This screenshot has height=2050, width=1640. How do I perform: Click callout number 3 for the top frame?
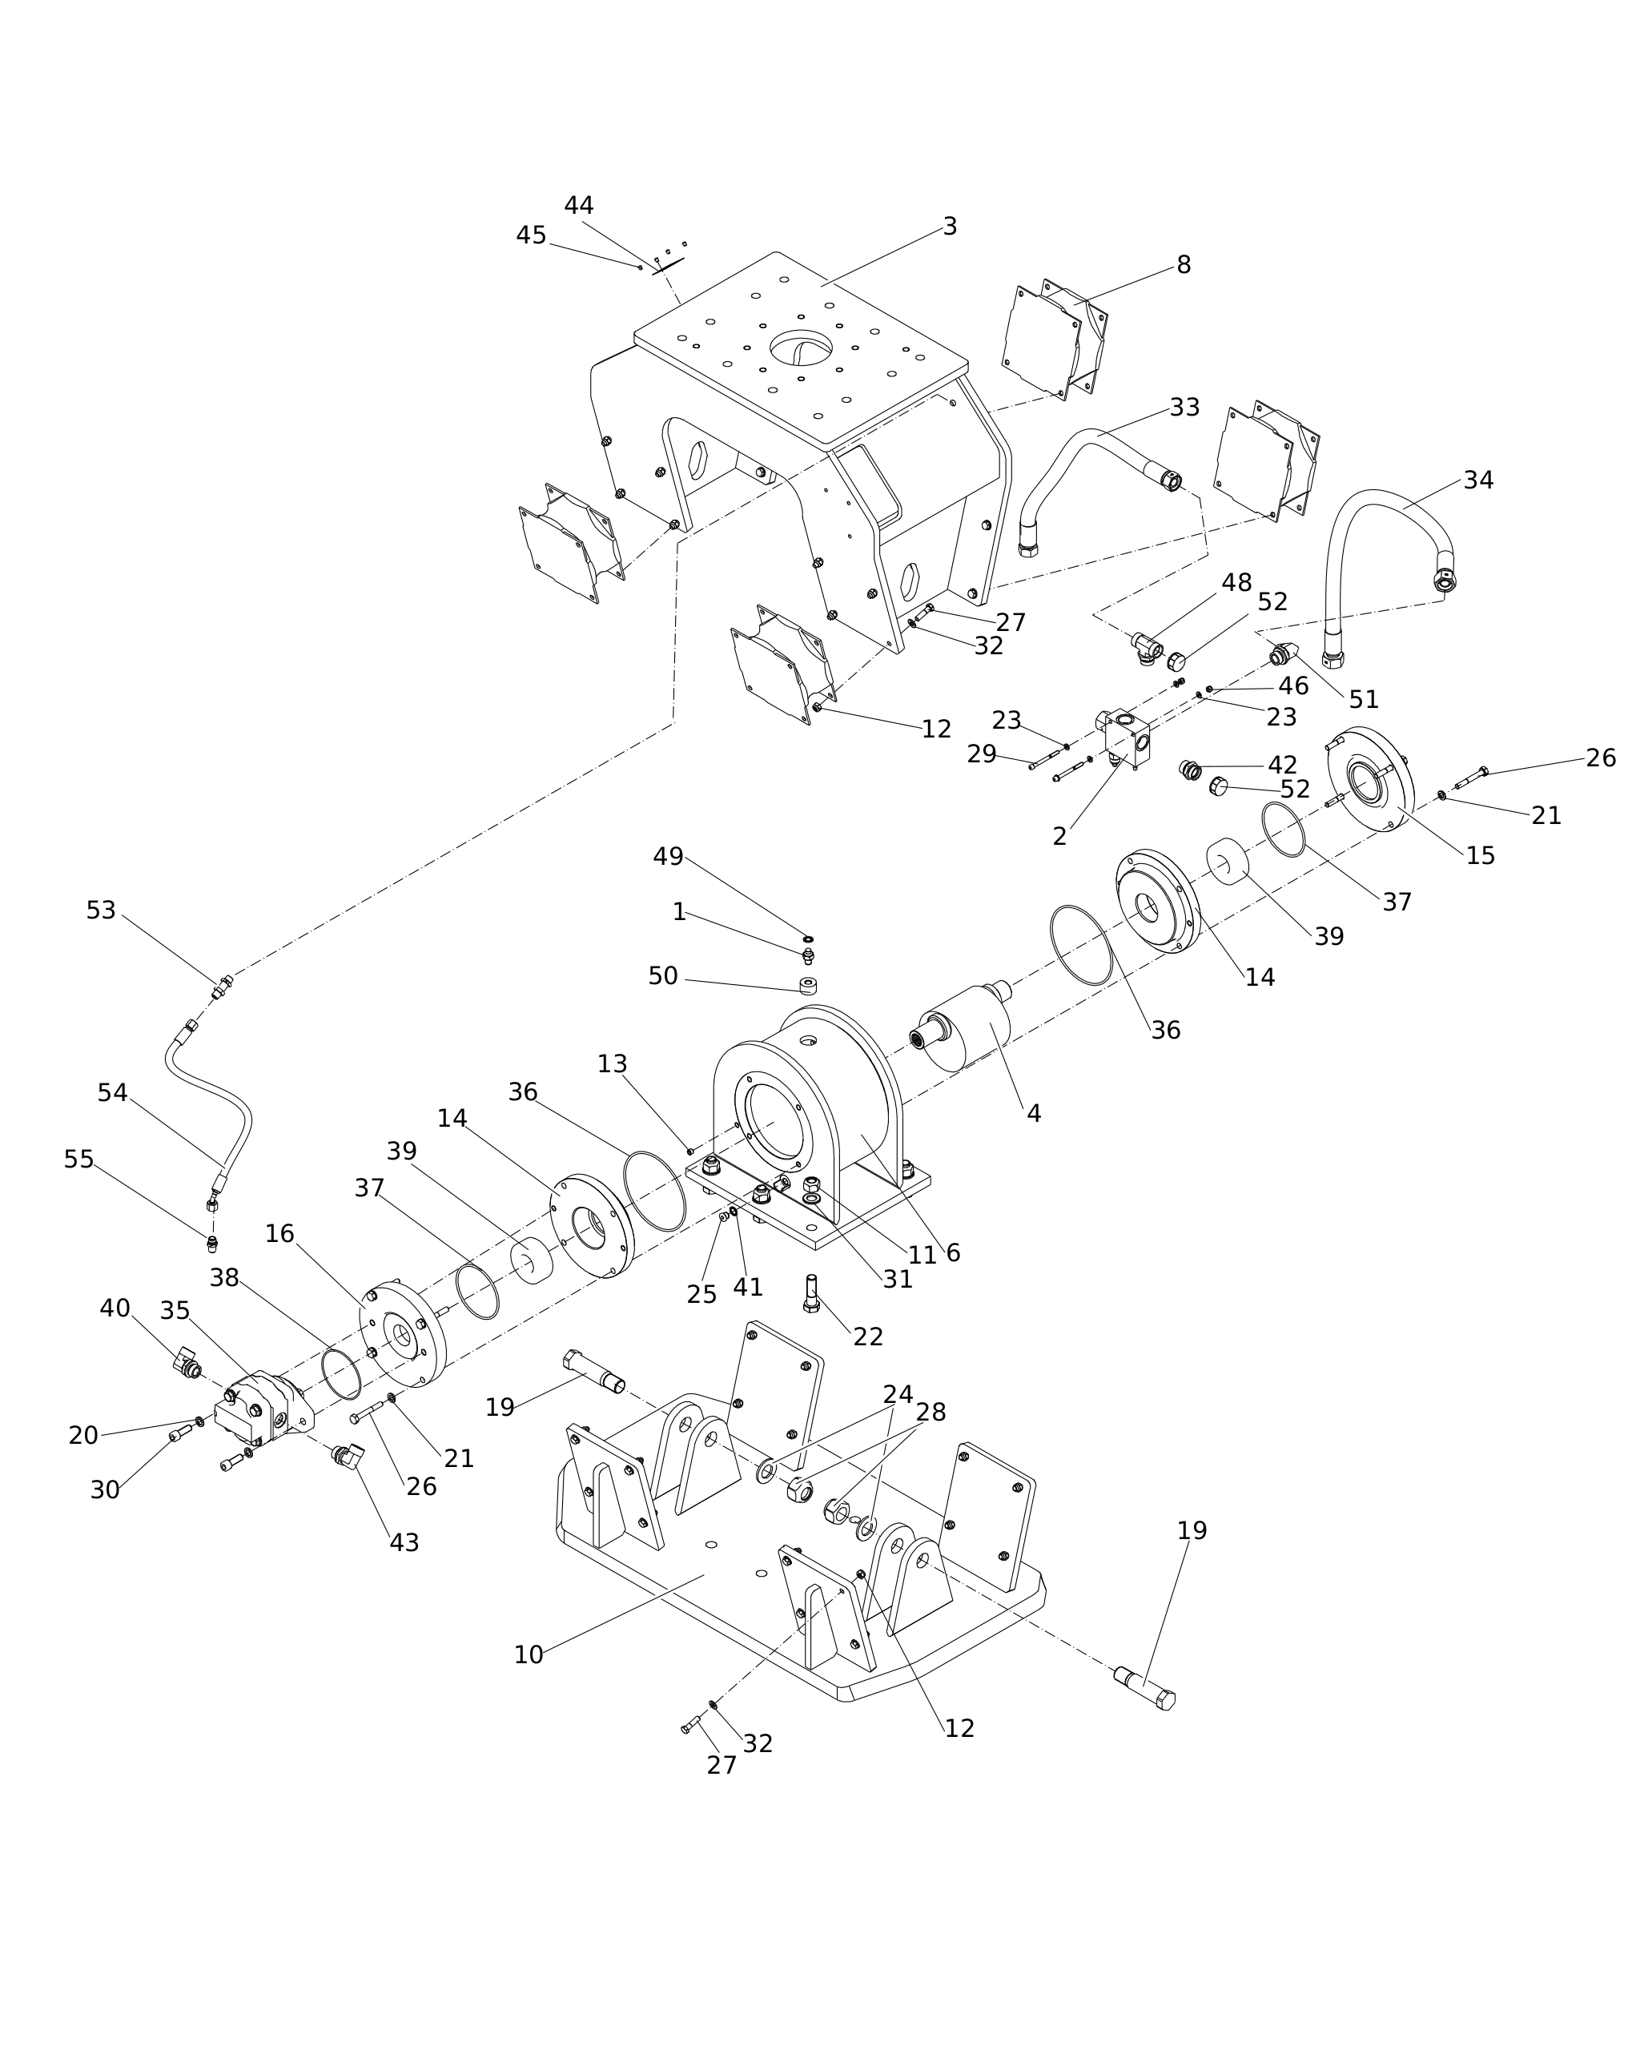coord(950,227)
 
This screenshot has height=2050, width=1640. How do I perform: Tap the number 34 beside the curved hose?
coord(1478,480)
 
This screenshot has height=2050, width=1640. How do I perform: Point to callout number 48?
coord(1236,583)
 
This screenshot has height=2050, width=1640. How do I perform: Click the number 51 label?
coord(1364,699)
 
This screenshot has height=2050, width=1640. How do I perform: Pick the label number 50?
coord(663,975)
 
